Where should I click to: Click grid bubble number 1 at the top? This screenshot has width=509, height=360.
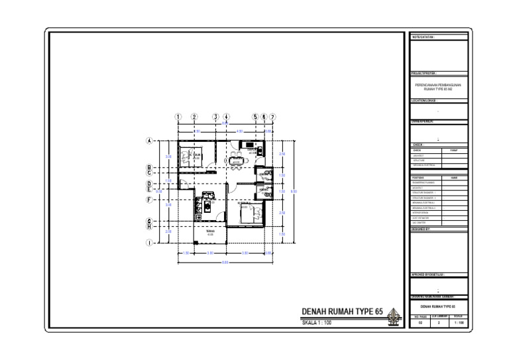click(x=178, y=117)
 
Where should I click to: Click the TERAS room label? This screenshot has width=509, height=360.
click(x=209, y=233)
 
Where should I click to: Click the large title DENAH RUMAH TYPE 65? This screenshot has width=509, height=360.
click(x=342, y=311)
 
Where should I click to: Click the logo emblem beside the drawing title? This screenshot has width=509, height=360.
click(x=394, y=314)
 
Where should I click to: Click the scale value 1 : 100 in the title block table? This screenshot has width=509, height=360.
click(x=460, y=323)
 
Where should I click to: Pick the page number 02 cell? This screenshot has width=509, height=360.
click(x=419, y=323)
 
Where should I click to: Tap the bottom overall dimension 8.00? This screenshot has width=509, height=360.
click(x=225, y=263)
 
